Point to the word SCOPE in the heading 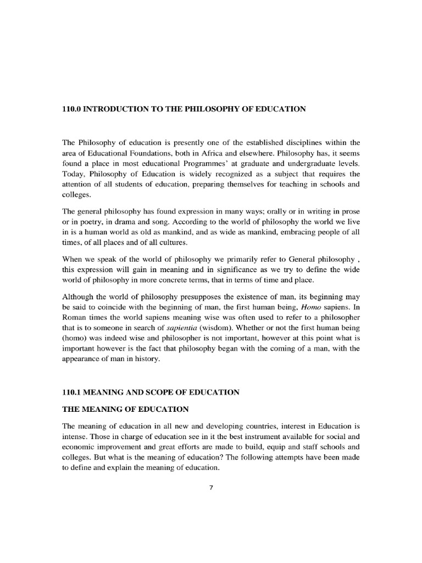tap(162, 392)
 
